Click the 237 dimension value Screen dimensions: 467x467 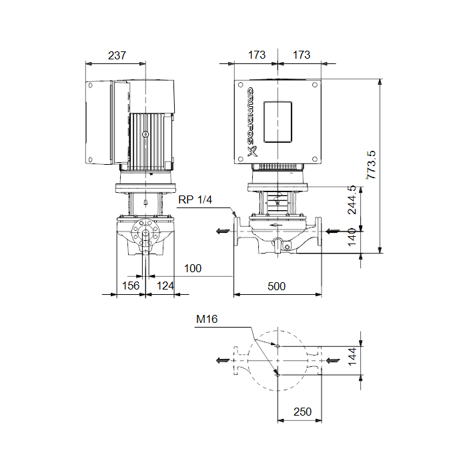pos(117,55)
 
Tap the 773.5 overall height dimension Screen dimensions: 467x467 pos(371,165)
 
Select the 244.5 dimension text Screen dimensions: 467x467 pos(352,199)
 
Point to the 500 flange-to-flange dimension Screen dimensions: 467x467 pos(276,286)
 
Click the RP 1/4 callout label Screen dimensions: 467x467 pos(195,199)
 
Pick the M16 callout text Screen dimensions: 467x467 pos(207,320)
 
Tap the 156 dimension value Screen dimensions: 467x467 pos(131,286)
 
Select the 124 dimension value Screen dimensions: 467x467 pos(165,286)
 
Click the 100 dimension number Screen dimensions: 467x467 pos(193,268)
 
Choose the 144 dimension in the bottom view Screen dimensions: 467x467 pos(352,356)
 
